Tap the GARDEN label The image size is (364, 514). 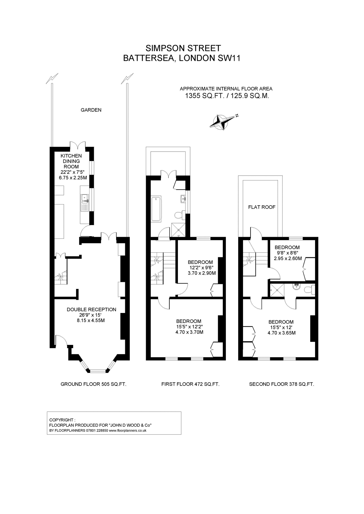pyautogui.click(x=91, y=110)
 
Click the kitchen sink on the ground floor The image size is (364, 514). pyautogui.click(x=85, y=198)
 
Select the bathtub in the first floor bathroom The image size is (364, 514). pyautogui.click(x=156, y=208)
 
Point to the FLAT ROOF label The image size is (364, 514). pyautogui.click(x=262, y=207)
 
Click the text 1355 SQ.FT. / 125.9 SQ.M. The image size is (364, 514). pyautogui.click(x=227, y=96)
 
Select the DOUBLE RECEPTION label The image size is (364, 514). pyautogui.click(x=92, y=310)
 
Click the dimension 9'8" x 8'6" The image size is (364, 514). pyautogui.click(x=287, y=253)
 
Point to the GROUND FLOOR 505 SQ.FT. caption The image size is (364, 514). pyautogui.click(x=94, y=384)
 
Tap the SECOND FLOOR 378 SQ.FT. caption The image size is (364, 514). pyautogui.click(x=281, y=384)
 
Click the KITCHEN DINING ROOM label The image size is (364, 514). pyautogui.click(x=71, y=161)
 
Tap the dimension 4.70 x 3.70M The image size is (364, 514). pyautogui.click(x=189, y=332)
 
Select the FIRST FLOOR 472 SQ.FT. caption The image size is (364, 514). pyautogui.click(x=190, y=384)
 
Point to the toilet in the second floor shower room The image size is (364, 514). pyautogui.click(x=309, y=290)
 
